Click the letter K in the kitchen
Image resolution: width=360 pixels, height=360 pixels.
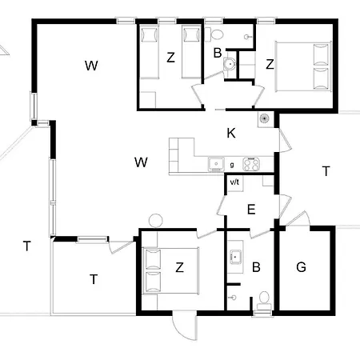[x=231, y=133]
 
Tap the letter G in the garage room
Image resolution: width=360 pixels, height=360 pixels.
[x=301, y=267]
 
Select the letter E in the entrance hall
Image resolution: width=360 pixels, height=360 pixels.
[x=251, y=210]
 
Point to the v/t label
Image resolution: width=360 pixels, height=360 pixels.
[x=234, y=182]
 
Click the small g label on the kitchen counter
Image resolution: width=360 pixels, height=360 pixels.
[x=232, y=165]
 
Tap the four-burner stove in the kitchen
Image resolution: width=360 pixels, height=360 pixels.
[x=251, y=164]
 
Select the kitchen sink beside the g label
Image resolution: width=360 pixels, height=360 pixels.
[x=216, y=164]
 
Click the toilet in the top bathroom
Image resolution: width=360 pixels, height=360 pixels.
[x=216, y=34]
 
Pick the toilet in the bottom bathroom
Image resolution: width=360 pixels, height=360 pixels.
[x=264, y=300]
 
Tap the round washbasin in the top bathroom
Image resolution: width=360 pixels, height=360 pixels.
[x=230, y=64]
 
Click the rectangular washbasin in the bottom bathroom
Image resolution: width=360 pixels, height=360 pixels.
[x=235, y=257]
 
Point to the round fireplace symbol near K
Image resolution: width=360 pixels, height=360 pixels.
[x=264, y=118]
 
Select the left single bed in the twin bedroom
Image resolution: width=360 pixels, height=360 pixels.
[x=150, y=52]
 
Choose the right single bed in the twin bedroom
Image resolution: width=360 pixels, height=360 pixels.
[x=191, y=52]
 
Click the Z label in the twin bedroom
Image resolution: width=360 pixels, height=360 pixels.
[x=170, y=58]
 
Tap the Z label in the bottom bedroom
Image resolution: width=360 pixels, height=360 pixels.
[x=179, y=267]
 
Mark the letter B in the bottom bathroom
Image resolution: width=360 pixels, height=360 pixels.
[x=256, y=267]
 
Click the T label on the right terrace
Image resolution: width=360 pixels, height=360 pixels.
[x=326, y=171]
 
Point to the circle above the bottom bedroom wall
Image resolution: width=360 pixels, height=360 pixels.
[x=156, y=221]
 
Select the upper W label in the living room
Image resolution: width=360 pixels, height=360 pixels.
[x=91, y=66]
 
